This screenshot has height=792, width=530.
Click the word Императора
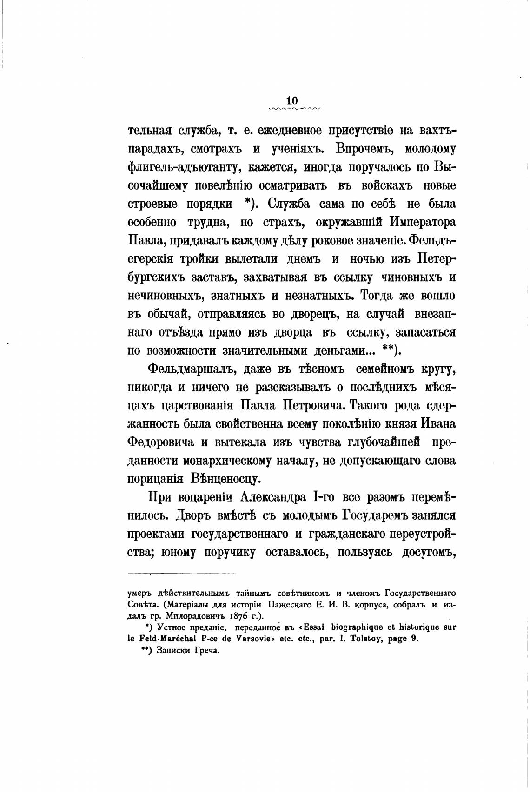(423, 222)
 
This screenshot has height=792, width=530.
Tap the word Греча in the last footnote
(207, 651)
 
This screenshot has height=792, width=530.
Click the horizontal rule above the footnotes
(182, 574)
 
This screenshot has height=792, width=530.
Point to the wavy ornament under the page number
(295, 110)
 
